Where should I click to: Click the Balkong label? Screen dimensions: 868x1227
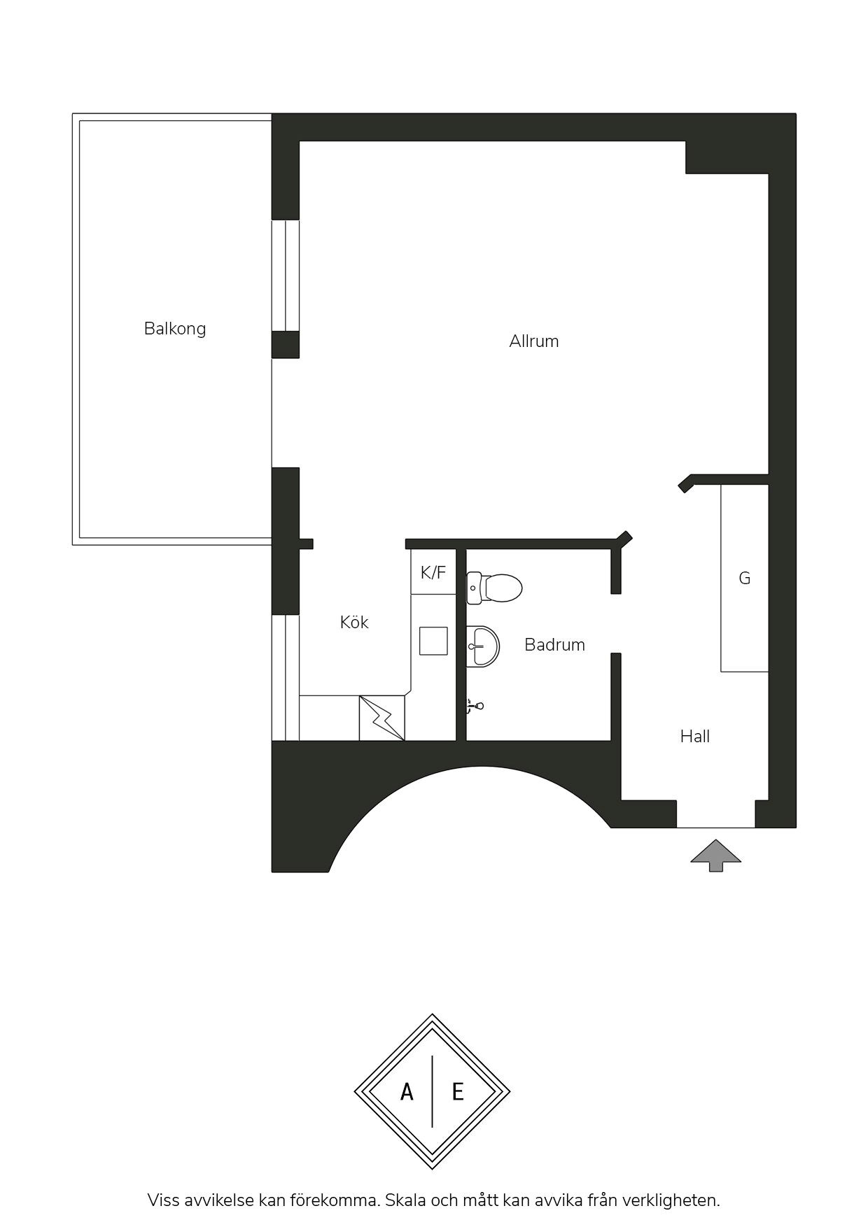(175, 329)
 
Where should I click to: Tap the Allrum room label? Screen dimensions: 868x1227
(534, 341)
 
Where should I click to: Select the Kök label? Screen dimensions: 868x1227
(354, 622)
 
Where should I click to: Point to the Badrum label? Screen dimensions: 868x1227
(554, 644)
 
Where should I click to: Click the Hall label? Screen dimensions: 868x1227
(695, 736)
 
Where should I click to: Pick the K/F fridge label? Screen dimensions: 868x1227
(433, 573)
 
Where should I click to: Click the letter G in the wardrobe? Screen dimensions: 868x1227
(745, 579)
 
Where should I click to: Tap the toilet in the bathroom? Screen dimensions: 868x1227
(494, 588)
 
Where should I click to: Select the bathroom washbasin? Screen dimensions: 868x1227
(483, 646)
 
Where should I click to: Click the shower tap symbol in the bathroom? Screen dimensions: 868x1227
(475, 706)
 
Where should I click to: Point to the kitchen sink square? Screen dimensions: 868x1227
(433, 641)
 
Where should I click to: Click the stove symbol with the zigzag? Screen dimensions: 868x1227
(382, 718)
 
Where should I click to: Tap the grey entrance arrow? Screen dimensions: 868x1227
(715, 855)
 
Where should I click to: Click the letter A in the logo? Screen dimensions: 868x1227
(407, 1091)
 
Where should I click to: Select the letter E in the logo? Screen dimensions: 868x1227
(458, 1091)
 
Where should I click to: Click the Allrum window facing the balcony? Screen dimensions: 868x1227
(286, 275)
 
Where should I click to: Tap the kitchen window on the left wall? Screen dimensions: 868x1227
(286, 677)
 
